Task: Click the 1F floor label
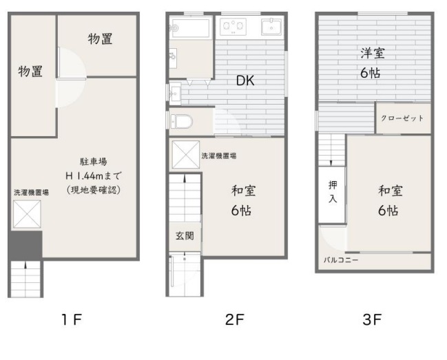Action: (72, 319)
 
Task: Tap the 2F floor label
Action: (235, 319)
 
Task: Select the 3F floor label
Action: (372, 319)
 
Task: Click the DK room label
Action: (245, 81)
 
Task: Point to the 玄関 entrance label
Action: (185, 236)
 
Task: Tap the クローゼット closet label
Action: (402, 118)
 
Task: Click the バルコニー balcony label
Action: (341, 260)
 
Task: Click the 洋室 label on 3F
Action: (373, 53)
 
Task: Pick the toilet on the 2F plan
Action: (181, 122)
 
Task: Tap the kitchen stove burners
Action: (233, 26)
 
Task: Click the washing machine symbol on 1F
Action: (27, 214)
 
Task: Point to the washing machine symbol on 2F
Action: (186, 155)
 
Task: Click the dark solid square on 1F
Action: (25, 245)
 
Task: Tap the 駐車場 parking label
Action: (94, 162)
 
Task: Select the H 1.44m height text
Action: (94, 176)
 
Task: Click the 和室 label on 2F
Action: (243, 191)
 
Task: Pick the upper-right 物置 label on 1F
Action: (100, 39)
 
